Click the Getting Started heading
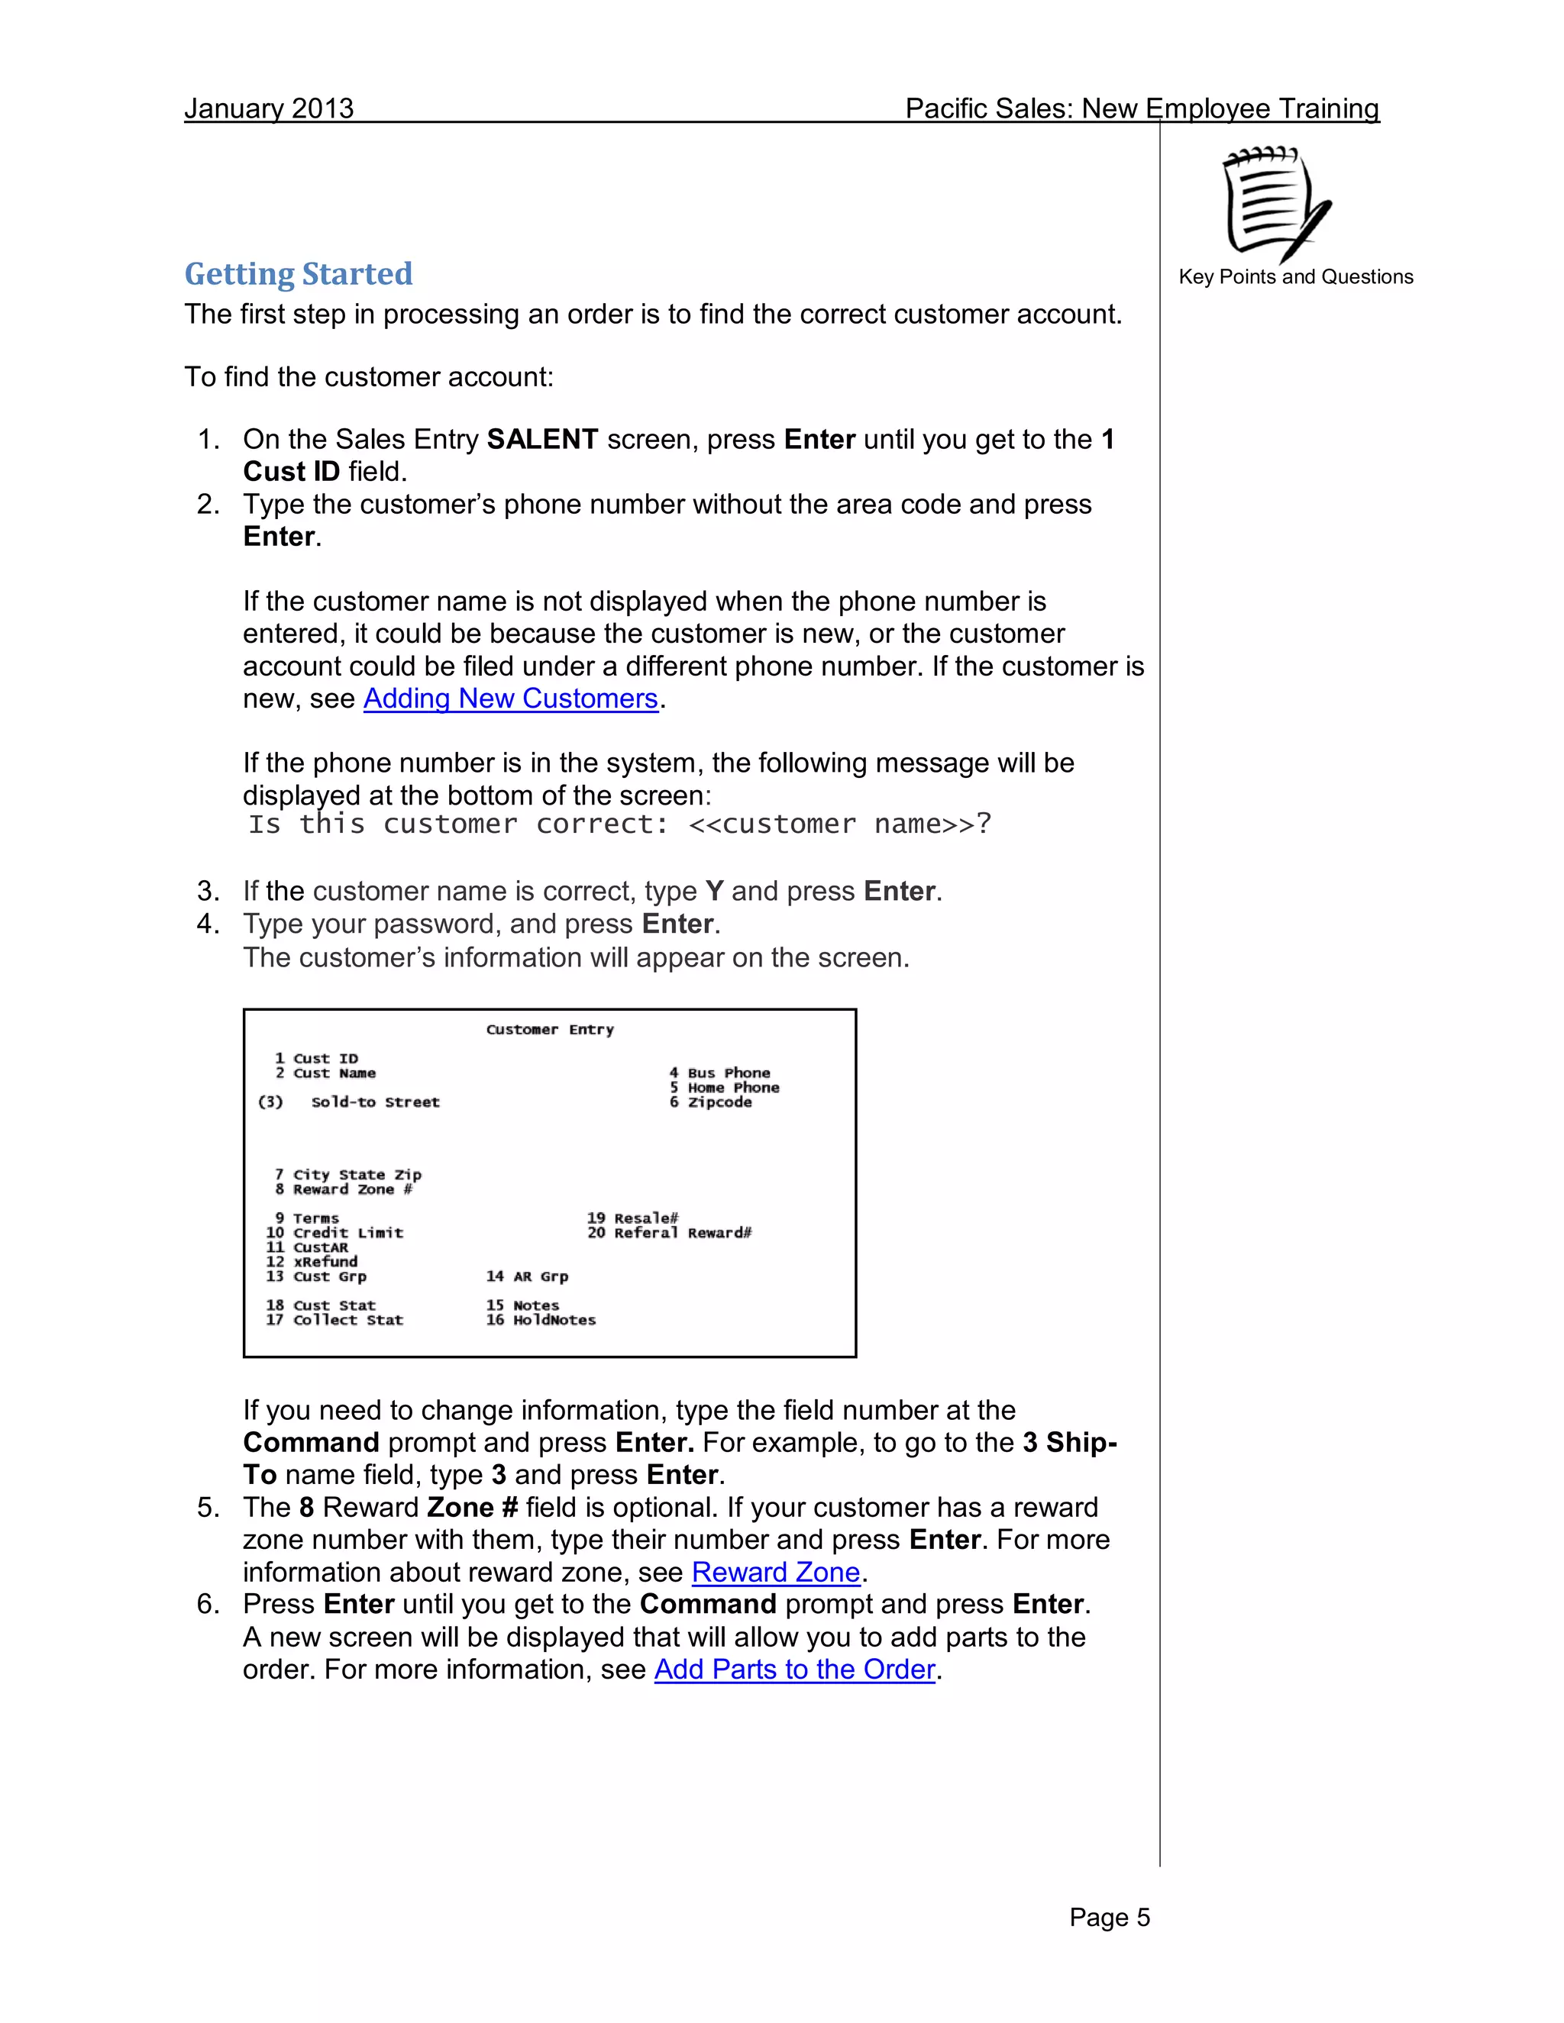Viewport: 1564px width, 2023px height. point(299,274)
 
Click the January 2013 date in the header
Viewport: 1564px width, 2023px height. point(269,108)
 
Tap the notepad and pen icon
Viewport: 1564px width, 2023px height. point(1275,205)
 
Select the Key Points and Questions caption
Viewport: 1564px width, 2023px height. point(1295,277)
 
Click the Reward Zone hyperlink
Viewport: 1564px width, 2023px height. point(776,1572)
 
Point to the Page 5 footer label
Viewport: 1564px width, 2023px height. point(1109,1918)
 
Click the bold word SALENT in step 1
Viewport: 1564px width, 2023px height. point(542,439)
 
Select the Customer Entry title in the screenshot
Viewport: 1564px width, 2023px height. point(549,1029)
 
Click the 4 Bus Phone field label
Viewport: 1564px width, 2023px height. point(720,1073)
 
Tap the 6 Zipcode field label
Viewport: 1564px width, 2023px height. point(711,1102)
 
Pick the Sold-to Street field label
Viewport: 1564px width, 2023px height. point(374,1102)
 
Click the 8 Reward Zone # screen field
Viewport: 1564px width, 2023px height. point(344,1189)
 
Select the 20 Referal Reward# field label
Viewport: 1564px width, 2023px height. point(669,1233)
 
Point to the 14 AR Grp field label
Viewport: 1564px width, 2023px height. point(527,1276)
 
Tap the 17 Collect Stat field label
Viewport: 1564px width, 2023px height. point(334,1320)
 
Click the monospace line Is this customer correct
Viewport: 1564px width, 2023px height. point(619,824)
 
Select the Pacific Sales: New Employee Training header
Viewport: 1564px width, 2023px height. point(1142,108)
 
